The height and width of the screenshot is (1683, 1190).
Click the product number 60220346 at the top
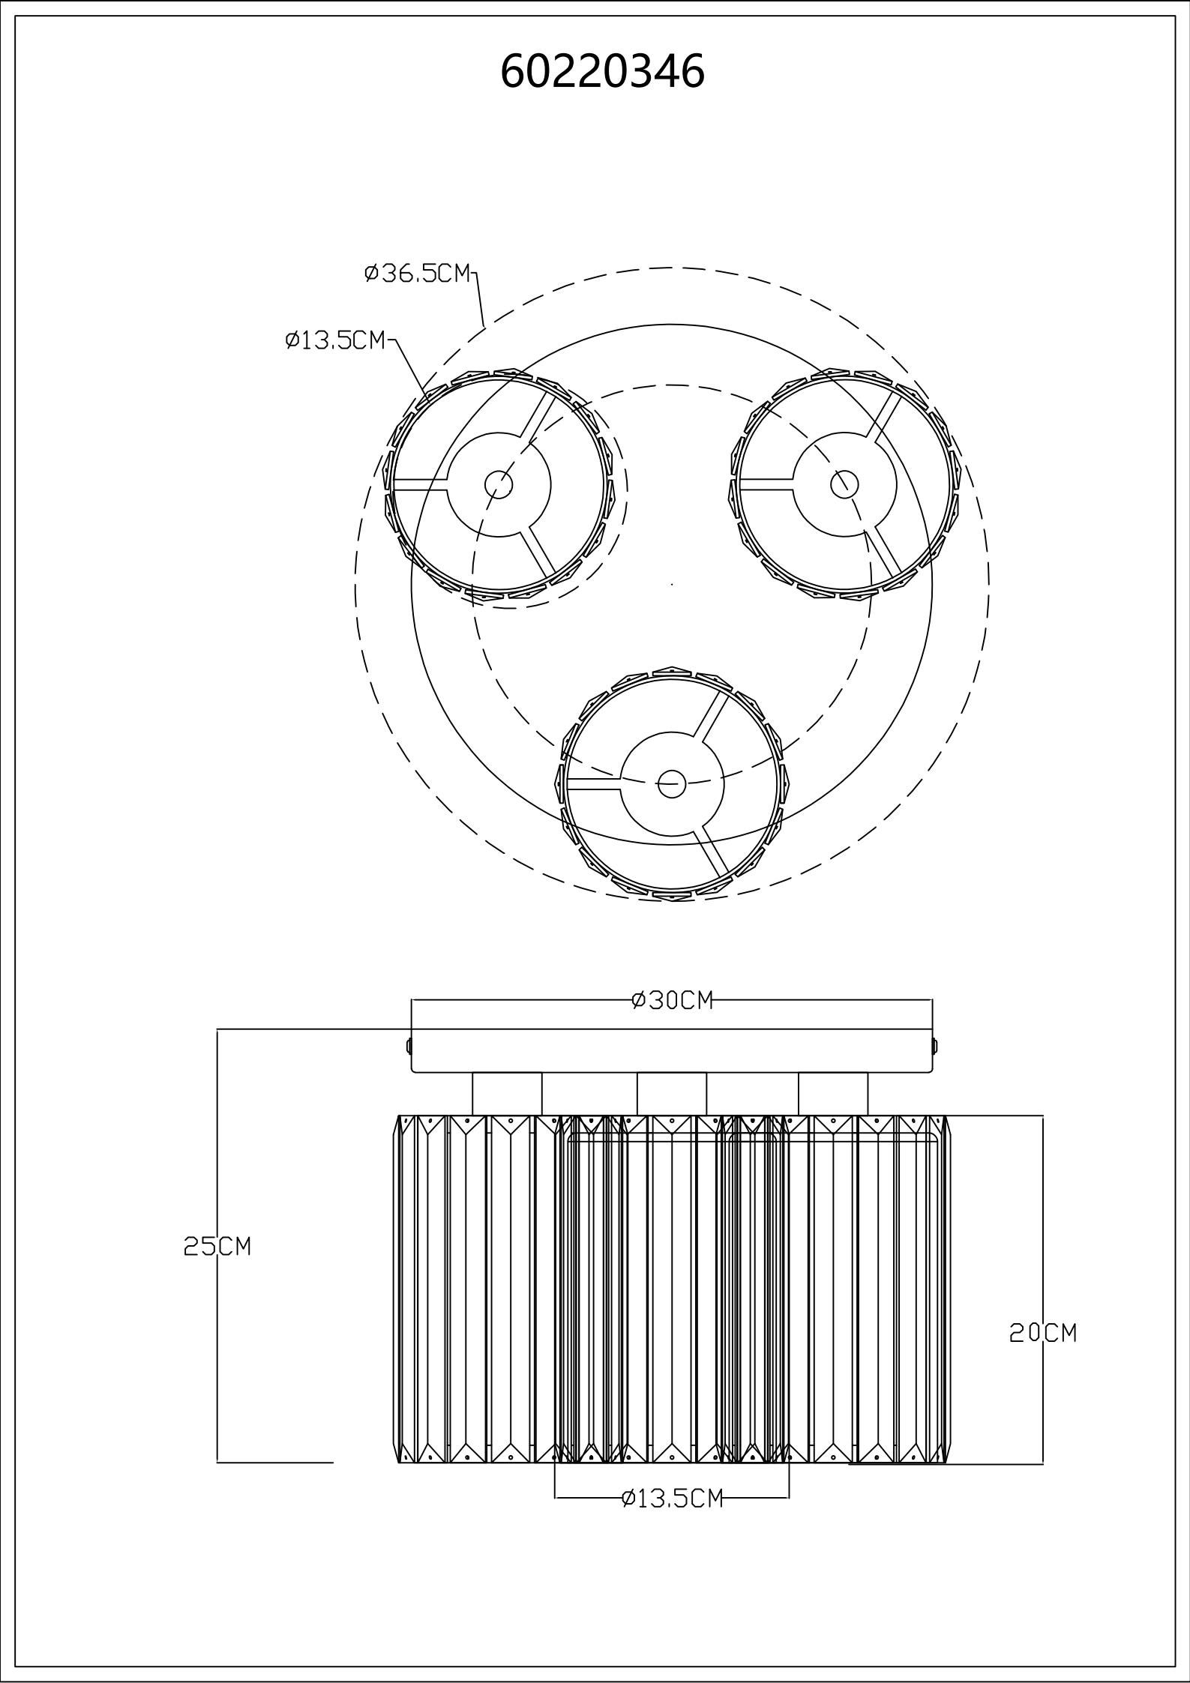602,72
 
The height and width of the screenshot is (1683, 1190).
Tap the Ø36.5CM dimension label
418,274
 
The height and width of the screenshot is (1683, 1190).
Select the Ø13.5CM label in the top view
335,340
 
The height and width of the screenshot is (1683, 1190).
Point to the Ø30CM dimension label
672,999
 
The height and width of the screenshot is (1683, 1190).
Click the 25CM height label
217,1245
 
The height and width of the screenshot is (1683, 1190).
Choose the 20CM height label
1043,1332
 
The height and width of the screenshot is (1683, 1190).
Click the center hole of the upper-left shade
499,484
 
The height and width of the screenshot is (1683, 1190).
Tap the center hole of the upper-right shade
844,484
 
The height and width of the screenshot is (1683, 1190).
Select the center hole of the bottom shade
672,784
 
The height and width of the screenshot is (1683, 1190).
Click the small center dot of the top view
672,583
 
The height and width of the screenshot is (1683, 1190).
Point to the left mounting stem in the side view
507,1094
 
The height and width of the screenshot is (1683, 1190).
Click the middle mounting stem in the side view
672,1094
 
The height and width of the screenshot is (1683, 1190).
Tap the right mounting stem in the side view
833,1094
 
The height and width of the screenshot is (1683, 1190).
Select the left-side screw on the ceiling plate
409,1044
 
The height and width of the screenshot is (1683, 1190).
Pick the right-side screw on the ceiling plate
935,1044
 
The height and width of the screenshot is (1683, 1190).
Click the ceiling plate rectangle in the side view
672,1051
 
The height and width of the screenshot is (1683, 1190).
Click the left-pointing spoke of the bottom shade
593,784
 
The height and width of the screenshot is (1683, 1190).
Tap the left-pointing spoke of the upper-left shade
421,484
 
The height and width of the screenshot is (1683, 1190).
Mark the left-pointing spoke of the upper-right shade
766,484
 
